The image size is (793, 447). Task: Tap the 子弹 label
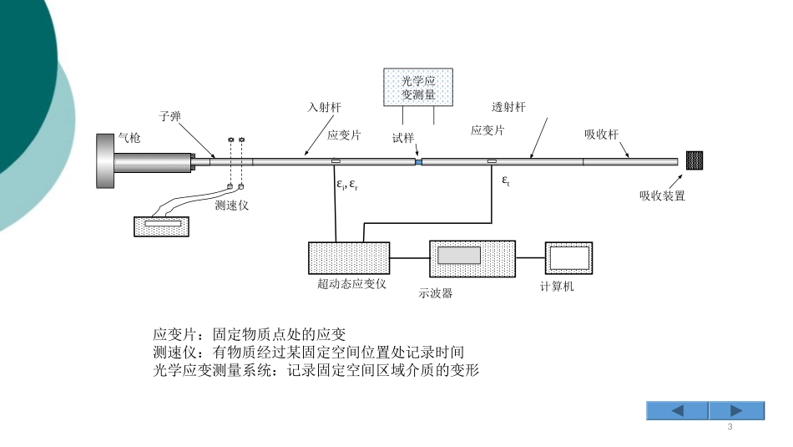click(170, 116)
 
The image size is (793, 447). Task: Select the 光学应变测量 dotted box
click(418, 87)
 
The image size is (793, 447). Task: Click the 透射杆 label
click(508, 107)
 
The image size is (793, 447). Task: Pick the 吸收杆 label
click(601, 134)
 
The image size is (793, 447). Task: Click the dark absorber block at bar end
click(695, 160)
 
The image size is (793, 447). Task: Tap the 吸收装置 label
click(662, 196)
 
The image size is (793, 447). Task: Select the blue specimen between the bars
click(419, 161)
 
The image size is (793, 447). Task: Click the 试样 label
click(403, 138)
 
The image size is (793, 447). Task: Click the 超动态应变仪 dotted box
click(349, 257)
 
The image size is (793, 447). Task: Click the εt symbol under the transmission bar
click(506, 180)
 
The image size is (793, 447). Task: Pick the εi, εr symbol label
click(346, 184)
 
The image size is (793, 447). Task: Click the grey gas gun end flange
click(104, 162)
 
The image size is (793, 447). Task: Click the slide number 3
click(730, 428)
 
